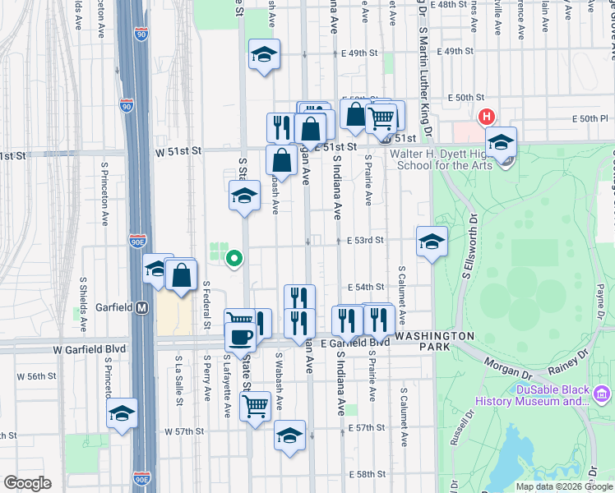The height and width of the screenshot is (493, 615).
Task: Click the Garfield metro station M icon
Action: tap(141, 308)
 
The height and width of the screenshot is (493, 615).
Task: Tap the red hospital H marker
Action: tap(486, 117)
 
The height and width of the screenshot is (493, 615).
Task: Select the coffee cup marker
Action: tap(241, 336)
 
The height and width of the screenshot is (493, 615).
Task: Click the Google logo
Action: tap(27, 483)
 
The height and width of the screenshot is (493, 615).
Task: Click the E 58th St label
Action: tap(366, 475)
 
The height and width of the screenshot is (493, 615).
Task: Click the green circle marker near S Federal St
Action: tap(234, 260)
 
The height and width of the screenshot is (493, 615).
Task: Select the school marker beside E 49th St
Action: tap(265, 56)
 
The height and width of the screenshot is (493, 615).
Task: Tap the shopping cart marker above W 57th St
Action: tap(255, 405)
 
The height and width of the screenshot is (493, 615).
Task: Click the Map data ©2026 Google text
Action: tap(563, 486)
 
